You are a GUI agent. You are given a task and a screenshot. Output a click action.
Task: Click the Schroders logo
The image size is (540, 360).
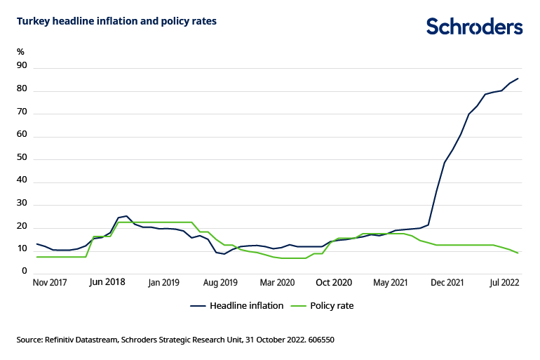(x=475, y=27)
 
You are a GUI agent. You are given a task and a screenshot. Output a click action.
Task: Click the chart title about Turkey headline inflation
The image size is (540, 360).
(x=116, y=21)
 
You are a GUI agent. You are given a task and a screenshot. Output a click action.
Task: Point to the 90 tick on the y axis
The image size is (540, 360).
(x=22, y=66)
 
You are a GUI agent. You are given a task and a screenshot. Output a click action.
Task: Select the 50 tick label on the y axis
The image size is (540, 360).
(x=22, y=159)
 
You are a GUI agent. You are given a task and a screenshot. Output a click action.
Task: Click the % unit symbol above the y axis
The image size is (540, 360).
(x=20, y=51)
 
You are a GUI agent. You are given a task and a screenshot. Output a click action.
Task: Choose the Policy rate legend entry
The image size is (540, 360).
(x=334, y=306)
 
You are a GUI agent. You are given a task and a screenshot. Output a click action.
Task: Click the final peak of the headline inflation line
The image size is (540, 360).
(x=518, y=79)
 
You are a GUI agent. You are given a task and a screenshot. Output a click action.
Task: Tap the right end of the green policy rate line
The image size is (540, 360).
(x=518, y=253)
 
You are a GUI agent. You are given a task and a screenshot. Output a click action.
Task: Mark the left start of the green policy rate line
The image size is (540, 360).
(x=36, y=257)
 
